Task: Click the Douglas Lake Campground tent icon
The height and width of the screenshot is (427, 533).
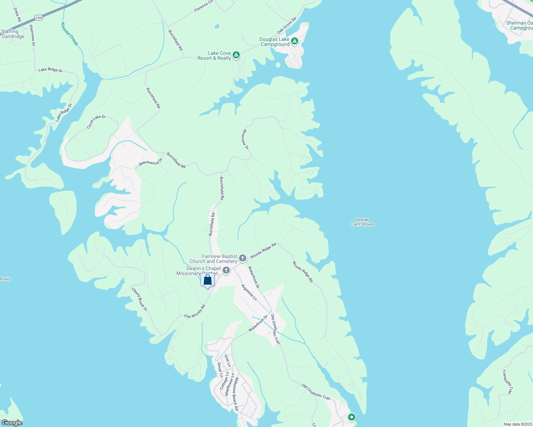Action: pos(295,41)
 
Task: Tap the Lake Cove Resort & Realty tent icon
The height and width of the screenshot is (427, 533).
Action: pos(236,55)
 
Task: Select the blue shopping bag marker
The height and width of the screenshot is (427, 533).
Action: pos(207,280)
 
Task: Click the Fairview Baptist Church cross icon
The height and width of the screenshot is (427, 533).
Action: pos(243,258)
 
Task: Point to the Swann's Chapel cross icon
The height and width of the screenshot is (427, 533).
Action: pos(226,271)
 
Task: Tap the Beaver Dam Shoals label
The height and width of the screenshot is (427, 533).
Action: pos(362,222)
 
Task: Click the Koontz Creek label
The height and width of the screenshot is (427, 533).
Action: pos(69,34)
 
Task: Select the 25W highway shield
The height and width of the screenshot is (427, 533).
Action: pos(39,17)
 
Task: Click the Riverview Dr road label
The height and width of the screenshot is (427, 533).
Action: pos(245,139)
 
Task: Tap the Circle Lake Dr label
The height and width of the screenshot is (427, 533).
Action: pos(96,122)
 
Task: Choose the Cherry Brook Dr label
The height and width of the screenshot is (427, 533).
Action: pos(139,299)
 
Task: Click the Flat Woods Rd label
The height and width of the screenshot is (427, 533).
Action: pos(195,311)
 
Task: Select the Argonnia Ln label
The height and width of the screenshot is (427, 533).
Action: pos(249,292)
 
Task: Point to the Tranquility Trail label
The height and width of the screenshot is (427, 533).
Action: pos(507,382)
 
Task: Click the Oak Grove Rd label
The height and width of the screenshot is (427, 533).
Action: pos(287,26)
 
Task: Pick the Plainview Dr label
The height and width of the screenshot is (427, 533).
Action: pos(32,35)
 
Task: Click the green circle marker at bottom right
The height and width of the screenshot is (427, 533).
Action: pos(352,417)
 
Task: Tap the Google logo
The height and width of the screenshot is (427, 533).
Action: pos(12,423)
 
